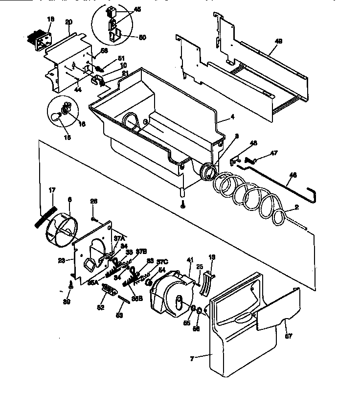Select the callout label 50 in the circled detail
coord(129,37)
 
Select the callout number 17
coord(52,190)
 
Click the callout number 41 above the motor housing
coord(190,260)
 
